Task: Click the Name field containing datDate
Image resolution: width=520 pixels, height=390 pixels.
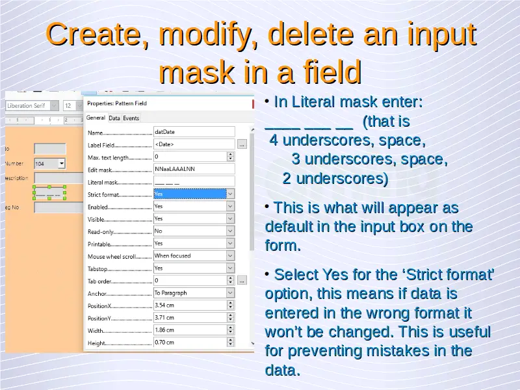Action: point(194,132)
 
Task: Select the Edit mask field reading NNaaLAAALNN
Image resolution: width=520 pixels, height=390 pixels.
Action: point(194,169)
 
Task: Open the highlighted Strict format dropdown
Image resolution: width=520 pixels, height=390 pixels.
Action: point(194,194)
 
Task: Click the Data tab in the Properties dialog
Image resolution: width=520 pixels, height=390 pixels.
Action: point(114,118)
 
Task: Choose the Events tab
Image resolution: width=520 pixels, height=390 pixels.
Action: point(131,118)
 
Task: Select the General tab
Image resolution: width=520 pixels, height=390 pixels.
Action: point(96,118)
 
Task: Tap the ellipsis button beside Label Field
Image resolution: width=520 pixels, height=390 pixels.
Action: point(242,144)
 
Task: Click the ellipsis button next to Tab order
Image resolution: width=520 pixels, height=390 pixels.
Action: point(242,281)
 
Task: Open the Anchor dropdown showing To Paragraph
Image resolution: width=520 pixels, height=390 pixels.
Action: point(194,293)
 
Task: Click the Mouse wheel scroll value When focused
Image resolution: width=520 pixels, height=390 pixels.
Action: point(194,255)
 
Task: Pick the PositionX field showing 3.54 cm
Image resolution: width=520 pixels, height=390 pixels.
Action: point(194,305)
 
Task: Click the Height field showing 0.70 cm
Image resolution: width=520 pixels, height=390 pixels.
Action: point(194,343)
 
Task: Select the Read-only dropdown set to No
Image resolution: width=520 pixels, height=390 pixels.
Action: point(194,231)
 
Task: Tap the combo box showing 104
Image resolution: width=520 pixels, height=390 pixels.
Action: point(50,164)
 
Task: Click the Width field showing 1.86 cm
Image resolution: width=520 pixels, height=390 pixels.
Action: point(194,330)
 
